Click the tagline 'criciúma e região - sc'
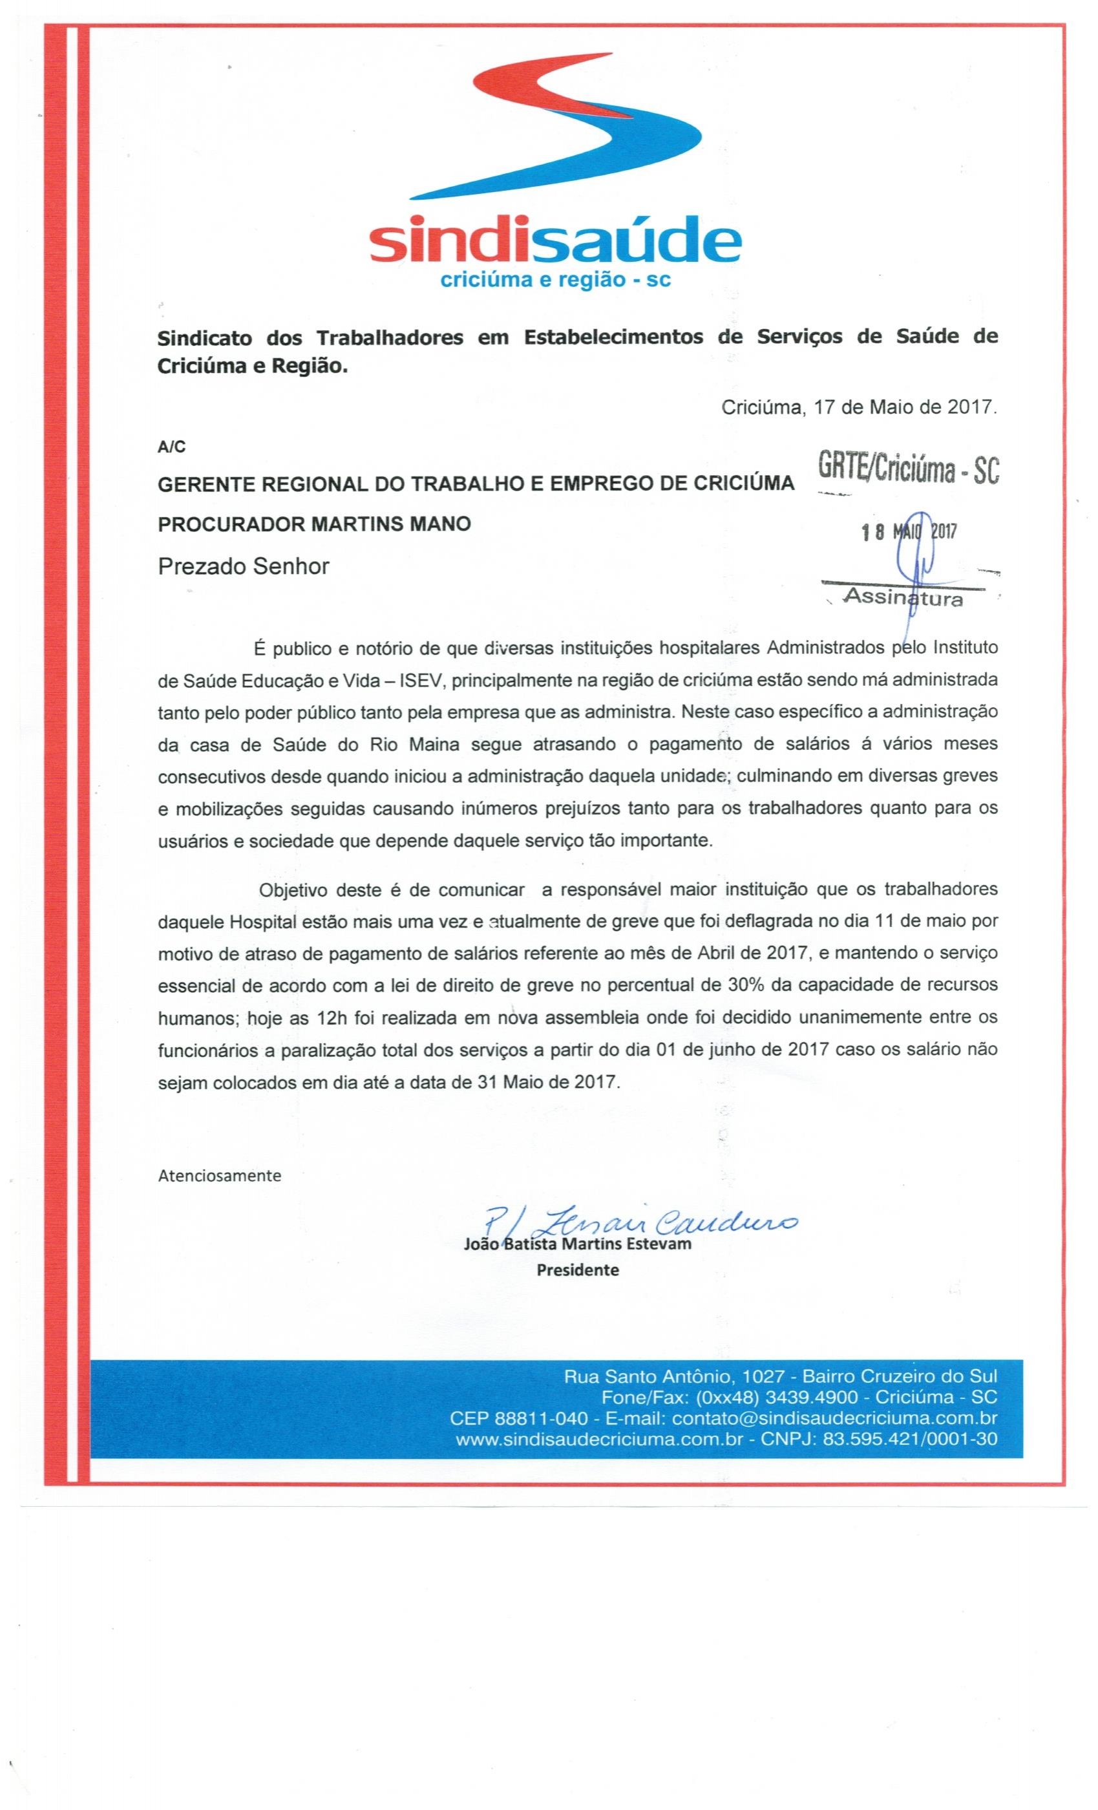pos(554,281)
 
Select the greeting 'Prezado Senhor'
pos(243,566)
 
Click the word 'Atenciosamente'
pos(220,1175)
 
